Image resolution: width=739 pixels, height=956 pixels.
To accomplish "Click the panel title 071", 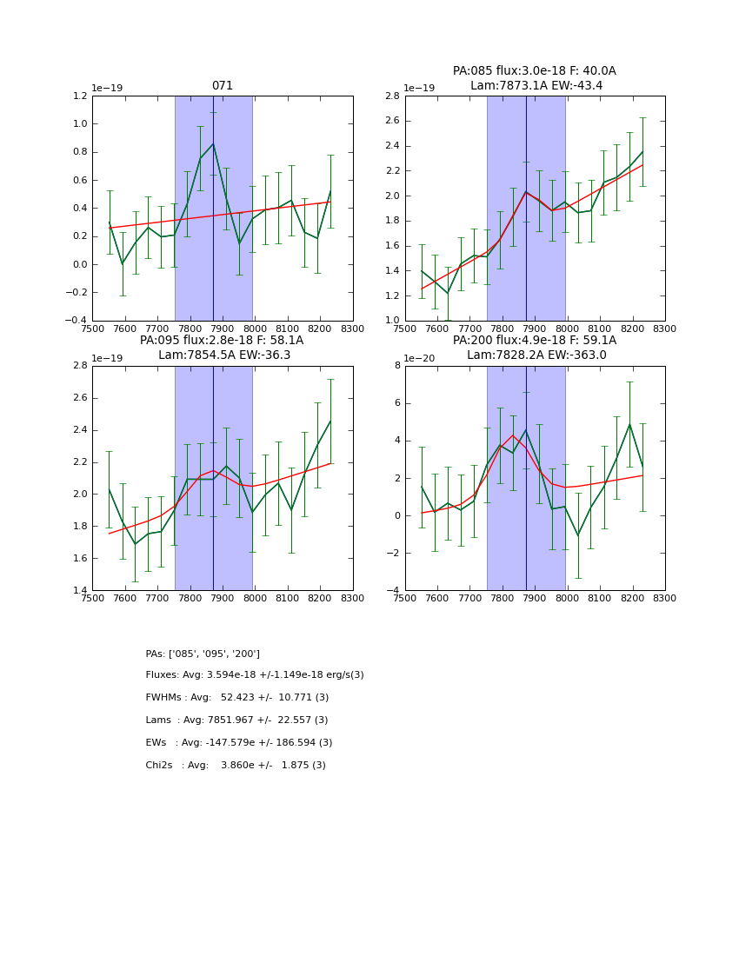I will [223, 86].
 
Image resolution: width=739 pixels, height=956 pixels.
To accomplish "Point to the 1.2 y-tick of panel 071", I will [81, 96].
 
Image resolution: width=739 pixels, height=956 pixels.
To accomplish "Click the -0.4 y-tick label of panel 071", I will [77, 321].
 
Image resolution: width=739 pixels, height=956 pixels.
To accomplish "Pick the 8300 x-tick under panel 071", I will [353, 329].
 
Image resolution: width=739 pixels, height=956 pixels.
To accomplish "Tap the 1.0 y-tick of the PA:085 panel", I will [393, 321].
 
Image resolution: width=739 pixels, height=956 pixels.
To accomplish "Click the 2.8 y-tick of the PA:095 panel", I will [81, 366].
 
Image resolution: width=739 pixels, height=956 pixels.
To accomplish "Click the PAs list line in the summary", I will [203, 654].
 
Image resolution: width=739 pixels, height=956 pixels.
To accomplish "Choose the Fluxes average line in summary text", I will [255, 675].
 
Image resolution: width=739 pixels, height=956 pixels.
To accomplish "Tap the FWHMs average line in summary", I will [237, 698].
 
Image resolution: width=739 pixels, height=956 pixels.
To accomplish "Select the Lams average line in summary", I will [236, 720].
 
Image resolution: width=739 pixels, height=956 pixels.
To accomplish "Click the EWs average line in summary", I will [239, 743].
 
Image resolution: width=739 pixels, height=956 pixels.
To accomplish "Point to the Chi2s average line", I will [236, 766].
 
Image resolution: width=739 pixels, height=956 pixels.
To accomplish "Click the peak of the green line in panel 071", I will [213, 144].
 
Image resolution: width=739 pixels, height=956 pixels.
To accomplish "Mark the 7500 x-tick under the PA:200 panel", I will [405, 598].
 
